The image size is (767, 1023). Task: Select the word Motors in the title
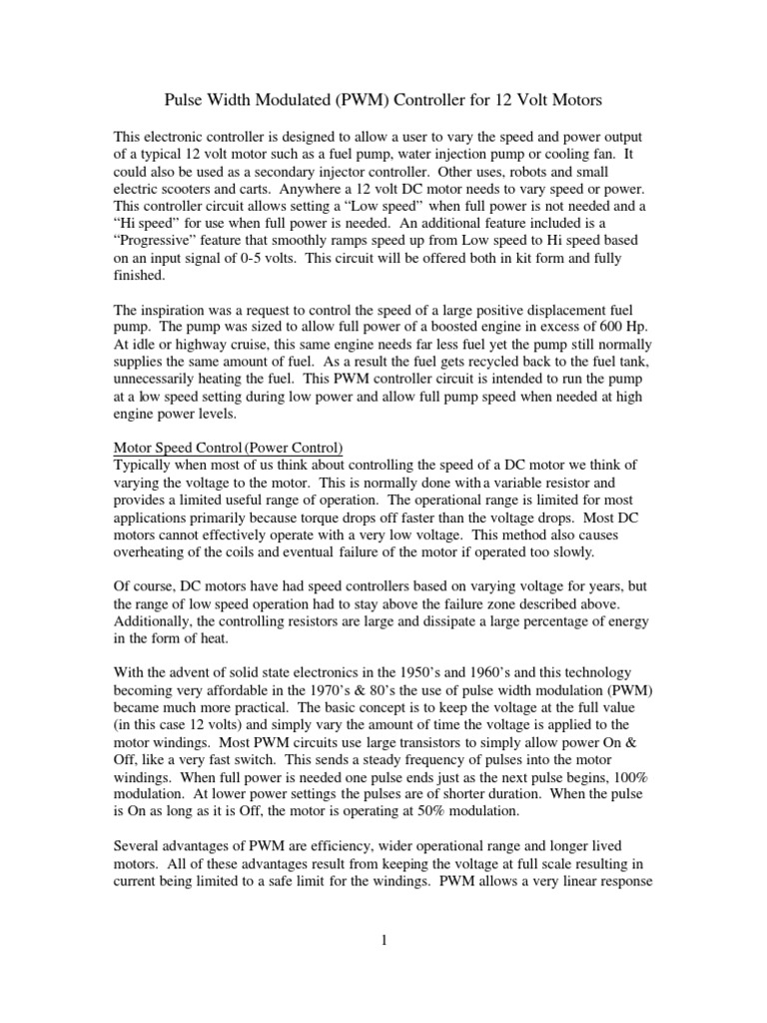tap(573, 101)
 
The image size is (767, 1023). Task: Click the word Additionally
tap(157, 620)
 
